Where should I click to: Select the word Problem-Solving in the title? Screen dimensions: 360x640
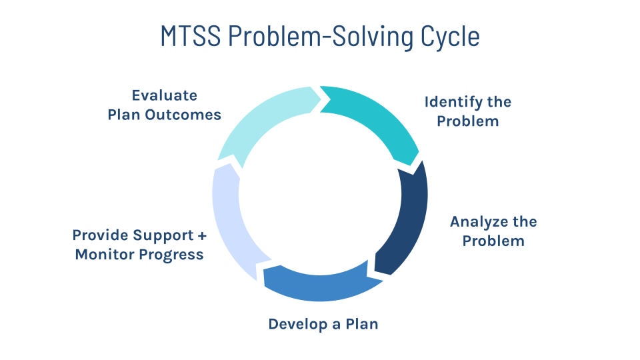[321, 37]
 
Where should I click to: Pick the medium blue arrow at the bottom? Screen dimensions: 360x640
[320, 283]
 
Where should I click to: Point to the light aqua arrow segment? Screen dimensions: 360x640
[263, 123]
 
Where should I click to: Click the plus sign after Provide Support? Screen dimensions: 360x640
[202, 235]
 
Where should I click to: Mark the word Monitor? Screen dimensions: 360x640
[103, 255]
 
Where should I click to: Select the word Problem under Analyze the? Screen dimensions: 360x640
[493, 241]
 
